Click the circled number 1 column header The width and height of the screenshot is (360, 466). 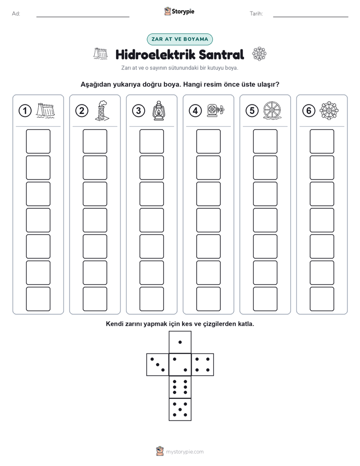pyautogui.click(x=25, y=111)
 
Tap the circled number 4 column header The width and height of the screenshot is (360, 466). pyautogui.click(x=195, y=111)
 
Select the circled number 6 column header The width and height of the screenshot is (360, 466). pyautogui.click(x=309, y=111)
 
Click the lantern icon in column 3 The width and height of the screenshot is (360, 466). pyautogui.click(x=158, y=110)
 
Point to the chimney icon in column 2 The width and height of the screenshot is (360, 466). pyautogui.click(x=102, y=110)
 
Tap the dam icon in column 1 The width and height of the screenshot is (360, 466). pyautogui.click(x=45, y=110)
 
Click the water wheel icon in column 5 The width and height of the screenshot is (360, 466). pyautogui.click(x=272, y=111)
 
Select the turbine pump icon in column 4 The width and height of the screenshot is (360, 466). pyautogui.click(x=216, y=110)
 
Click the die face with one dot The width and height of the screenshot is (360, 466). pyautogui.click(x=180, y=342)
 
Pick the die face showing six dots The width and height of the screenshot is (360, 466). pyautogui.click(x=180, y=387)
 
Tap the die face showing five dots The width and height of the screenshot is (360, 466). pyautogui.click(x=180, y=410)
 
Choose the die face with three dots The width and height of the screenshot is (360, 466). pyautogui.click(x=158, y=364)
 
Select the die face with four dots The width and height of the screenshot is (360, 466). pyautogui.click(x=203, y=364)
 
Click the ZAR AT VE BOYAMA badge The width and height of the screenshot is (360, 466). pyautogui.click(x=179, y=39)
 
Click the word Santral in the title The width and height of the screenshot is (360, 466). pyautogui.click(x=221, y=54)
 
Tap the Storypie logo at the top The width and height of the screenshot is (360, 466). pyautogui.click(x=179, y=11)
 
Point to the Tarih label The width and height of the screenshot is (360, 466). pyautogui.click(x=256, y=14)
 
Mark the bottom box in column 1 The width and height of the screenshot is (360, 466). pyautogui.click(x=38, y=299)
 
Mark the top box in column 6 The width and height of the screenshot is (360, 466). pyautogui.click(x=322, y=141)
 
